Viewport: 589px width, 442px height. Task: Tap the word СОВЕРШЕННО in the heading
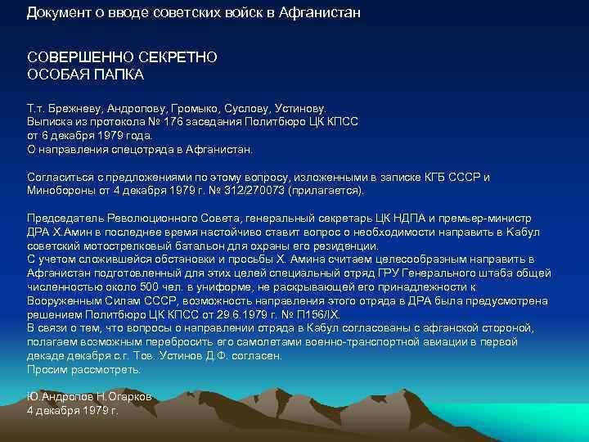(79, 57)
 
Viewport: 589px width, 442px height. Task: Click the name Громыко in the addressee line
(194, 109)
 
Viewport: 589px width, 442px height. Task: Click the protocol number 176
(173, 122)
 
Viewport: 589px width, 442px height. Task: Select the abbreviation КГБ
(434, 177)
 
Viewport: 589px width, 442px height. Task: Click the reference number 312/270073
(254, 190)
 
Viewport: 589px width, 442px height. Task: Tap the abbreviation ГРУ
(389, 273)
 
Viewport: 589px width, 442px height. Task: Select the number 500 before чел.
(150, 286)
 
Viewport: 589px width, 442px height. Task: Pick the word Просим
(47, 370)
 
